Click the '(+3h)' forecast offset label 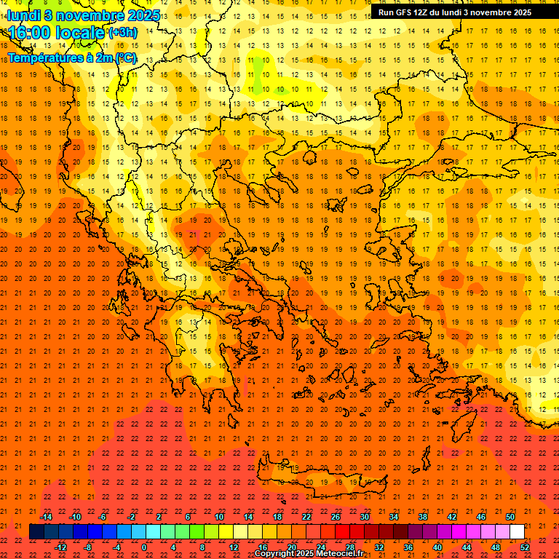point(122,33)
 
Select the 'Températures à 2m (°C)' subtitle point(72,58)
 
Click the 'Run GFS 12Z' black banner point(454,12)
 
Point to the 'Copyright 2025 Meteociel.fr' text point(309,554)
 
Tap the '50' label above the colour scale point(510,517)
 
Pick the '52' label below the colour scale point(525,547)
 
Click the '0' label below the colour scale point(144,547)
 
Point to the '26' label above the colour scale point(336,517)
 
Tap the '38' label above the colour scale point(423,517)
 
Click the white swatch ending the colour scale point(517,531)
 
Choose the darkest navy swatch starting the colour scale point(36,531)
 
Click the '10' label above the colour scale point(219,517)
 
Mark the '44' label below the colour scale point(467,547)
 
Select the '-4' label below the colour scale point(116,547)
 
